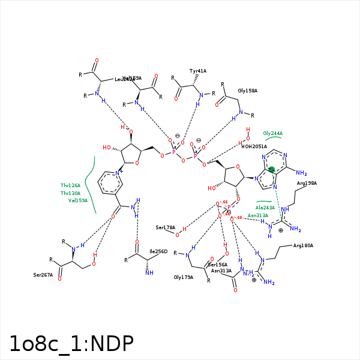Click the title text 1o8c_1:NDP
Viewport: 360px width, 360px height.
tap(71, 343)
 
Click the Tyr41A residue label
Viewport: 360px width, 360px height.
tap(198, 71)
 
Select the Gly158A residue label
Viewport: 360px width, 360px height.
tap(247, 91)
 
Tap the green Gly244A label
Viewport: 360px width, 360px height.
tap(272, 133)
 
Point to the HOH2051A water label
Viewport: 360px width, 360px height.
tap(254, 146)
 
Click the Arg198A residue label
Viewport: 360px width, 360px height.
tap(307, 183)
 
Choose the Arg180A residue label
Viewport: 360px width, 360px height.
tap(303, 245)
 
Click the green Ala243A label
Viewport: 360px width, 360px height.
tap(265, 208)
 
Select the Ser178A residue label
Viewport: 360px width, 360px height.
tap(165, 227)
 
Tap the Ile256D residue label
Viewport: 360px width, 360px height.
tap(158, 251)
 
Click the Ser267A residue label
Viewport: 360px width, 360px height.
tap(43, 275)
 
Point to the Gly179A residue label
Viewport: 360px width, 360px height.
tap(183, 277)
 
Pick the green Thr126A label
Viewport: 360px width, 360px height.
tap(70, 186)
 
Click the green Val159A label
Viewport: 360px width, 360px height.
tap(78, 200)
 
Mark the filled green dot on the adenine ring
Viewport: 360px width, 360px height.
tap(272, 170)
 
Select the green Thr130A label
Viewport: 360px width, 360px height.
tap(70, 193)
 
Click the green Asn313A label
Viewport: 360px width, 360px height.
tap(258, 215)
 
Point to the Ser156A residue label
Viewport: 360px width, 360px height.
tap(217, 265)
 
